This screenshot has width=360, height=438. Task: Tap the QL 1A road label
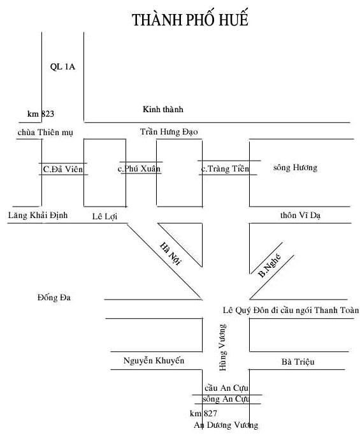click(62, 67)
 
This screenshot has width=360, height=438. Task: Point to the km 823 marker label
click(41, 113)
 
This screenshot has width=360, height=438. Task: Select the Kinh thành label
click(163, 109)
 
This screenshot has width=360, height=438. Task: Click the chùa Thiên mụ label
click(45, 133)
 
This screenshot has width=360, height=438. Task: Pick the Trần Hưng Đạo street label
click(169, 132)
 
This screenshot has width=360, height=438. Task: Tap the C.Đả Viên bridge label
click(63, 169)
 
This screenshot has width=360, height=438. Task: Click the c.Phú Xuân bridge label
click(139, 168)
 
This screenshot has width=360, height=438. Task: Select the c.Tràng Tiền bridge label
click(225, 168)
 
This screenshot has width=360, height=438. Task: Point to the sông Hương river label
click(295, 167)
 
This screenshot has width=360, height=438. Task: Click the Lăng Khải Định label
click(38, 215)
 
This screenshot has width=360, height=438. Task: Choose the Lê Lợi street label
click(104, 216)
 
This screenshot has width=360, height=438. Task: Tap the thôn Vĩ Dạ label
click(300, 215)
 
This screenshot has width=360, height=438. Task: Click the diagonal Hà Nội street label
click(171, 254)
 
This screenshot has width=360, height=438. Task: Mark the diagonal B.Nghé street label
click(270, 265)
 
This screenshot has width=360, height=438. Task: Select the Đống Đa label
click(54, 298)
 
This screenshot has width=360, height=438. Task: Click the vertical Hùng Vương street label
click(223, 347)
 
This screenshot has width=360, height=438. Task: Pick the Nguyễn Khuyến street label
click(154, 361)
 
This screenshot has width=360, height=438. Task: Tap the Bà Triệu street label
click(298, 361)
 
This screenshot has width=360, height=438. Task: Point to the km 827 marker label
click(203, 413)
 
